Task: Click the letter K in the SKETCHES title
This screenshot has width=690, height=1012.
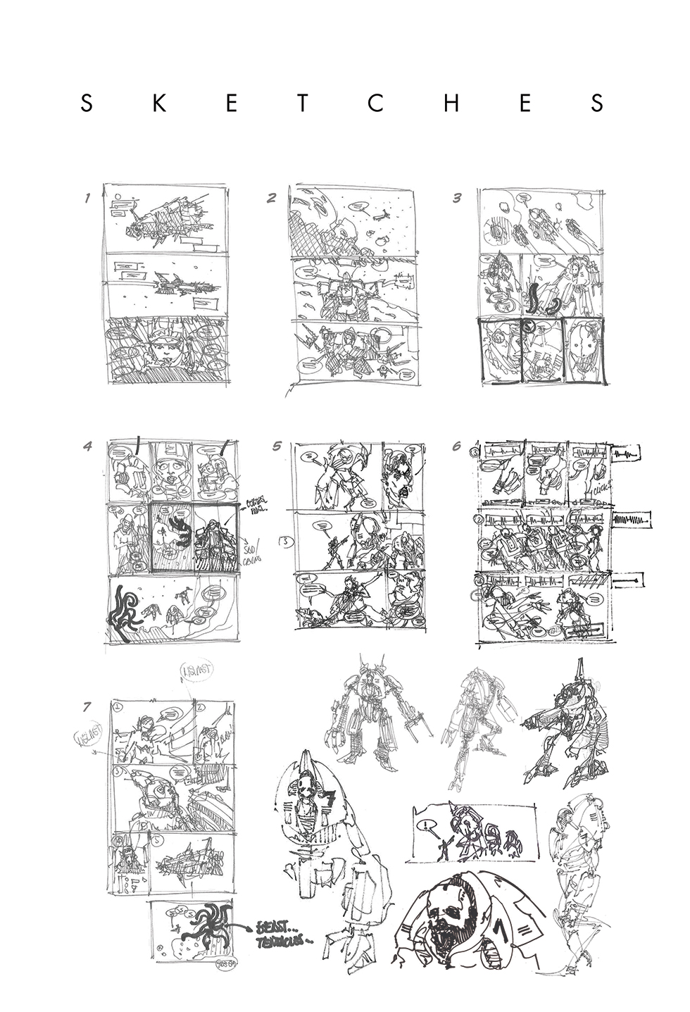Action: [x=160, y=104]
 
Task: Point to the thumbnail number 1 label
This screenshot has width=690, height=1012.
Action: [x=87, y=199]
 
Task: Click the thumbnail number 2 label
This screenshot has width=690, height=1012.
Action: [x=271, y=199]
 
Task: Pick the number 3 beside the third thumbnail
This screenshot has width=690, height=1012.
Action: [x=457, y=199]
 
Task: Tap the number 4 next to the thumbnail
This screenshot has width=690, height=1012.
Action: [x=87, y=446]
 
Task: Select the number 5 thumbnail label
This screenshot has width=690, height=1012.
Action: [x=277, y=446]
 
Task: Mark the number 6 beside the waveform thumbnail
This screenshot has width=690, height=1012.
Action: [x=457, y=446]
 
